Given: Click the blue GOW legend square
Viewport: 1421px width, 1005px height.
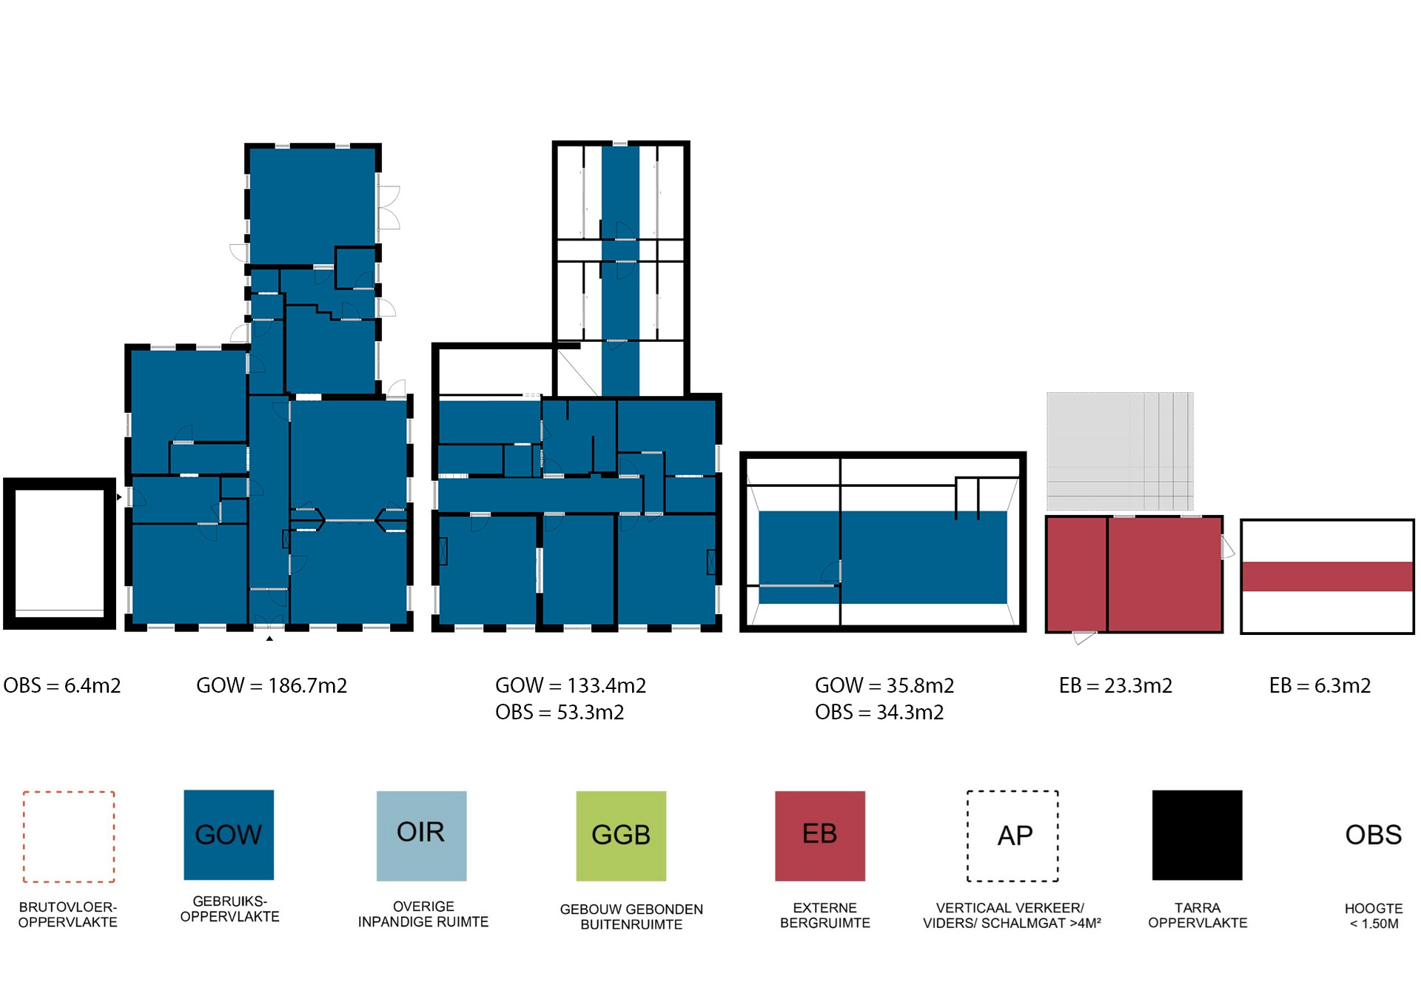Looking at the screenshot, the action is (229, 835).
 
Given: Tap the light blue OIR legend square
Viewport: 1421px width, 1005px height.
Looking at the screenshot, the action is (421, 836).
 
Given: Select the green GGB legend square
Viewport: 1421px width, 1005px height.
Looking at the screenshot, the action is (621, 836).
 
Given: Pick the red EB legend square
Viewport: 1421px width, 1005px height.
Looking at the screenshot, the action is (820, 836).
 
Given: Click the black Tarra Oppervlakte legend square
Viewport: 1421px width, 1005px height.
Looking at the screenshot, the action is (1197, 835).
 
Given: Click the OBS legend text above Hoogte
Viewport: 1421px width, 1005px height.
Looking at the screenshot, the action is (1374, 835).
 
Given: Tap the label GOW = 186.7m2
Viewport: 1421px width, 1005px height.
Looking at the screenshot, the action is (272, 685).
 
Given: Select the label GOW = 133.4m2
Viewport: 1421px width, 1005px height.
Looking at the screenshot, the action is (571, 685).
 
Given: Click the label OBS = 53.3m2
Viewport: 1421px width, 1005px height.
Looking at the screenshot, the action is (560, 712).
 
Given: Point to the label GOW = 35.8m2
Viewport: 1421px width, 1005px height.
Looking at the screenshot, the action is (884, 685).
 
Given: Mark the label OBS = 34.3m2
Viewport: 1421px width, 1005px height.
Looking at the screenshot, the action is (879, 712).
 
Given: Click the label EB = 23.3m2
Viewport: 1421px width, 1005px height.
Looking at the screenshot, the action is (1115, 685).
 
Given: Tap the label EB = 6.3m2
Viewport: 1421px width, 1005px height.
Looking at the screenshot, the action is (1320, 685).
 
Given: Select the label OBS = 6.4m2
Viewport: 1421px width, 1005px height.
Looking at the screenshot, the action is (62, 685).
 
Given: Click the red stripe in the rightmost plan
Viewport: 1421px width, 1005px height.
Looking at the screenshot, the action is (1327, 577).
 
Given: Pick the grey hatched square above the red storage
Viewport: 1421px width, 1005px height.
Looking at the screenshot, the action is (1120, 451).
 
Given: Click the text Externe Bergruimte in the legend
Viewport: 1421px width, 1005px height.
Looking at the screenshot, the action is (824, 915).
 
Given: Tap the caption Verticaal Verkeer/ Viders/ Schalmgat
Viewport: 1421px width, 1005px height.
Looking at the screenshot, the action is (1012, 915).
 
